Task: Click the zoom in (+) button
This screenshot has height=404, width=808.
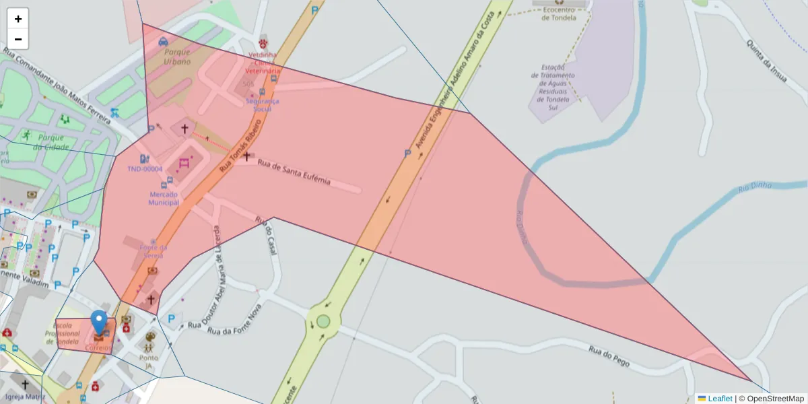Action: pos(18,19)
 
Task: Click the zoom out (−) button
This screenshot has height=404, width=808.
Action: pos(18,39)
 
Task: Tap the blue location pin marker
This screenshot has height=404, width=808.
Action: pos(99,323)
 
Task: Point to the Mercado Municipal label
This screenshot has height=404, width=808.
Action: pos(164,198)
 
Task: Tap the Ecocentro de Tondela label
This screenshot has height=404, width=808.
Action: pos(560,14)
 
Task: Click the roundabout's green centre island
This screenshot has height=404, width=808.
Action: pos(323,321)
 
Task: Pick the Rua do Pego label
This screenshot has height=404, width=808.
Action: pos(609,356)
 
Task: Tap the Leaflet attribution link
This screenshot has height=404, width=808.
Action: pos(720,399)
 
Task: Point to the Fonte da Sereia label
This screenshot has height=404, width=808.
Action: pos(153,251)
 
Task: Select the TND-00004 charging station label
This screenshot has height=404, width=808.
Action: pos(145,169)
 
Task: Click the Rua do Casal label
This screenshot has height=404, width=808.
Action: pos(266,231)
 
